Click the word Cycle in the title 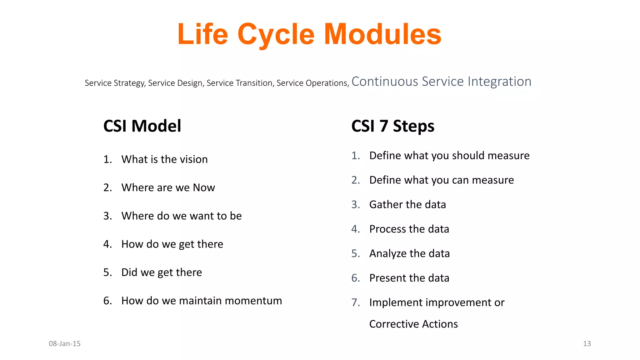276,35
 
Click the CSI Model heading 142,126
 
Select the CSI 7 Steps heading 392,126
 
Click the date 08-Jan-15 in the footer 65,344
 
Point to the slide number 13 587,344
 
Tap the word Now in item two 204,187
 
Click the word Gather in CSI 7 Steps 386,204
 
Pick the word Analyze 388,253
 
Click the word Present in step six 387,278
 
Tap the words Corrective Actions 413,324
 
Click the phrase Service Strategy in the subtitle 115,83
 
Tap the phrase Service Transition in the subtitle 240,83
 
